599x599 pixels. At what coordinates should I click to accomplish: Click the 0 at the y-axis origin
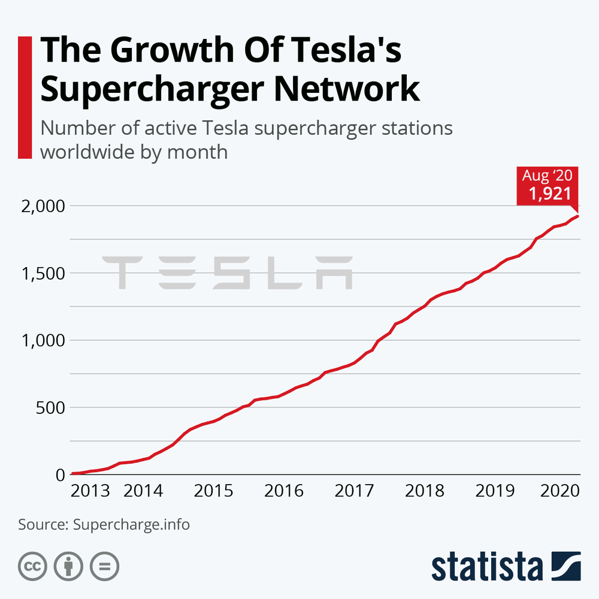pyautogui.click(x=59, y=474)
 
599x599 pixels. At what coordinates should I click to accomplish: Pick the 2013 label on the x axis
pyautogui.click(x=90, y=491)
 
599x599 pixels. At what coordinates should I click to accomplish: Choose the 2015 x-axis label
pyautogui.click(x=213, y=491)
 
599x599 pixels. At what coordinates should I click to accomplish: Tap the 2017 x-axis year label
pyautogui.click(x=354, y=491)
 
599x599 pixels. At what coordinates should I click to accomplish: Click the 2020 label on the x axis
pyautogui.click(x=560, y=491)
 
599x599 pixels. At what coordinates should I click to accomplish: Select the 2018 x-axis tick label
pyautogui.click(x=425, y=491)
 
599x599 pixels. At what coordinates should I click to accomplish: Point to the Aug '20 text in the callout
pyautogui.click(x=547, y=176)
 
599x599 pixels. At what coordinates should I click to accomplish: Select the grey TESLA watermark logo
pyautogui.click(x=227, y=273)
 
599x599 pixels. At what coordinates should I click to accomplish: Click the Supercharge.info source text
pyautogui.click(x=131, y=525)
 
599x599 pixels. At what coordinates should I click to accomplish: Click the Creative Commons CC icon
pyautogui.click(x=33, y=566)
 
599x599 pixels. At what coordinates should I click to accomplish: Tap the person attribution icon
pyautogui.click(x=69, y=566)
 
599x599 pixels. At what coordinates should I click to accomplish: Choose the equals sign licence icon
pyautogui.click(x=105, y=566)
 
